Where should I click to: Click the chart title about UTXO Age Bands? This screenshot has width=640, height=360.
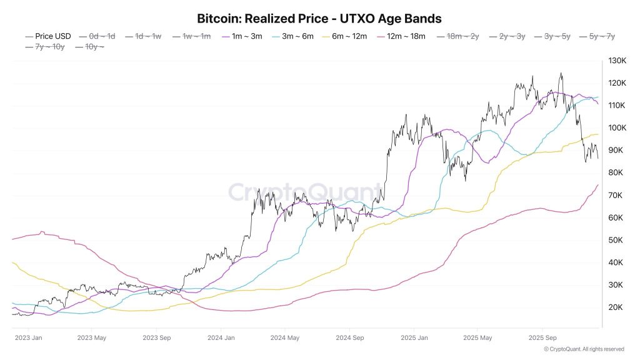319,18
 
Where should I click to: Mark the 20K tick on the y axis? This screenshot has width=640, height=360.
616,307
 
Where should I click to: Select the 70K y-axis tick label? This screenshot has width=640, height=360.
616,196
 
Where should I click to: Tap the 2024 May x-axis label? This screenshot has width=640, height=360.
284,338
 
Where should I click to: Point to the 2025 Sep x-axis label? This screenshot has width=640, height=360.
542,338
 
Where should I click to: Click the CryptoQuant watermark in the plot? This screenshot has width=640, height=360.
304,191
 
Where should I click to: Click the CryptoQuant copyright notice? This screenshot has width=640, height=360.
584,349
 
